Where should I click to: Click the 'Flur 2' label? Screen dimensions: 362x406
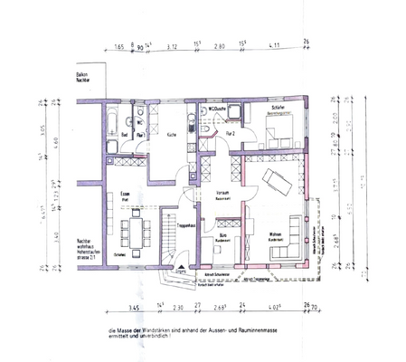pyautogui.click(x=231, y=133)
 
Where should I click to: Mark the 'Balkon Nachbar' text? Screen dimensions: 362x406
pyautogui.click(x=87, y=78)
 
